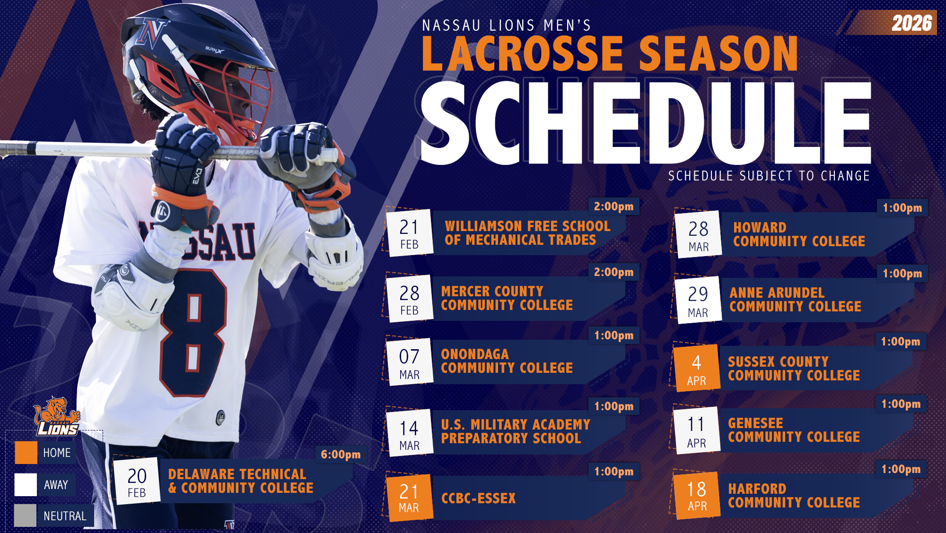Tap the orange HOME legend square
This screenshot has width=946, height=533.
[26, 453]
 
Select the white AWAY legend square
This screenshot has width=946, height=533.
[26, 485]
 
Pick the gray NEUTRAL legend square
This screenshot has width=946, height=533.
[26, 516]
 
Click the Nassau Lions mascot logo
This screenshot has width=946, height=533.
[57, 416]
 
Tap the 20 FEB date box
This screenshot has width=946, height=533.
[137, 482]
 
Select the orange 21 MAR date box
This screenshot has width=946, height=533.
[409, 498]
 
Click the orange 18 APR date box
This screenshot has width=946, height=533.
[697, 496]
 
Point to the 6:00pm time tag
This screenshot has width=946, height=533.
[341, 455]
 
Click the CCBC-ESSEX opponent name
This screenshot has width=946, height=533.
[478, 499]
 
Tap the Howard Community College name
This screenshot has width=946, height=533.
[799, 234]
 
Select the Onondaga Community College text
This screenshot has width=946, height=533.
[507, 361]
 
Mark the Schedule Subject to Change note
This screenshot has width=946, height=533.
[769, 176]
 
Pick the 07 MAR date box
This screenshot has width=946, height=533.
[409, 363]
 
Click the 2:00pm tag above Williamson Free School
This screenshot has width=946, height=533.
[613, 206]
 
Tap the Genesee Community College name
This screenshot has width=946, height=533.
[794, 430]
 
